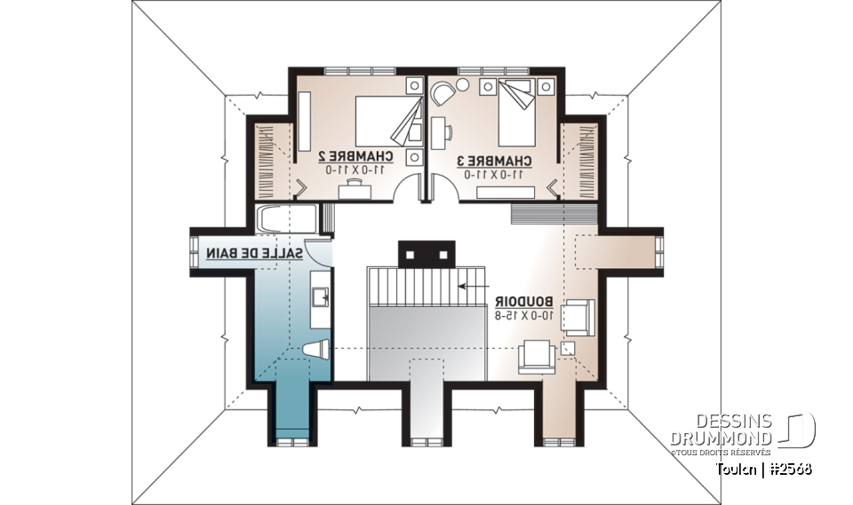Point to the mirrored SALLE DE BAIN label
point(254,253)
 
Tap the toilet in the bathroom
point(316,351)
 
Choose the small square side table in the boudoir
point(569,349)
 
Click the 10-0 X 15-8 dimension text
point(523,315)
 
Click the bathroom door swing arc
point(320,255)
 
